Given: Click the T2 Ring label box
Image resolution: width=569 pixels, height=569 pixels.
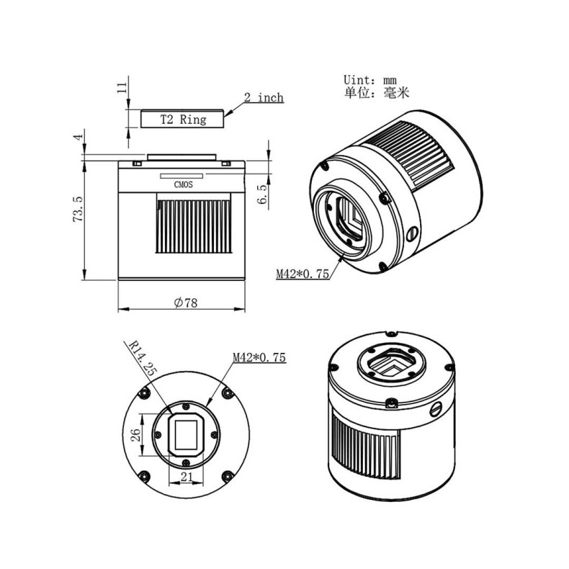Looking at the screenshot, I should [x=182, y=119].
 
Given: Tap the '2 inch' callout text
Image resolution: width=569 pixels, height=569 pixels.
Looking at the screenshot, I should [x=264, y=98].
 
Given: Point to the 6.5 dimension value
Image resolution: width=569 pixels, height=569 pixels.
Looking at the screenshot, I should [x=263, y=194].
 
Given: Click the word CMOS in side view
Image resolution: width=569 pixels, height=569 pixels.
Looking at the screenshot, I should [x=184, y=184].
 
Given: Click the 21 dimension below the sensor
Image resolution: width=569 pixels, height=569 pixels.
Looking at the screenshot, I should [x=187, y=477].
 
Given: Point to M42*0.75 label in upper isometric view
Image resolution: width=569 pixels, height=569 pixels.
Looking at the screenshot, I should [x=302, y=273].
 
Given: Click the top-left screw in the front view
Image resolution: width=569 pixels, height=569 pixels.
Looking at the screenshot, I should [x=146, y=392].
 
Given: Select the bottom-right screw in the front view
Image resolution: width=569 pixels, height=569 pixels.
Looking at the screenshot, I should [x=228, y=475].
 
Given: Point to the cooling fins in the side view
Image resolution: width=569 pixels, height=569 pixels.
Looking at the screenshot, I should [x=193, y=226].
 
